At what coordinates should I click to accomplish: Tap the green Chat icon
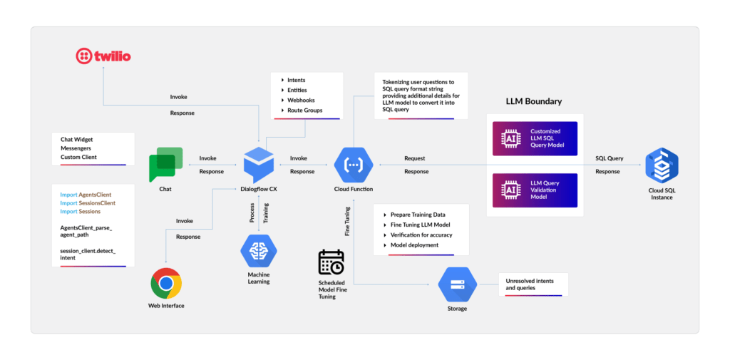[165, 165]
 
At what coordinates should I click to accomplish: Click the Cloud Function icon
[353, 165]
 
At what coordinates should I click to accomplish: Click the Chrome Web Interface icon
[166, 283]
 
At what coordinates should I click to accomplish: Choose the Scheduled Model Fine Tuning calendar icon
[331, 263]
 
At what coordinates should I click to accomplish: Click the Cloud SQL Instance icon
[662, 165]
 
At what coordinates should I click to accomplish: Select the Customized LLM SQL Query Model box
[533, 137]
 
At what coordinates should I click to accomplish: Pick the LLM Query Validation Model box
[533, 190]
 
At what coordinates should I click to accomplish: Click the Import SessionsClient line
[88, 203]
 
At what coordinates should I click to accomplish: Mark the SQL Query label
[610, 158]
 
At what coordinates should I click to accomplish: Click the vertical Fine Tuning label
[347, 221]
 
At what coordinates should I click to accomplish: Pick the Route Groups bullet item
[304, 110]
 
